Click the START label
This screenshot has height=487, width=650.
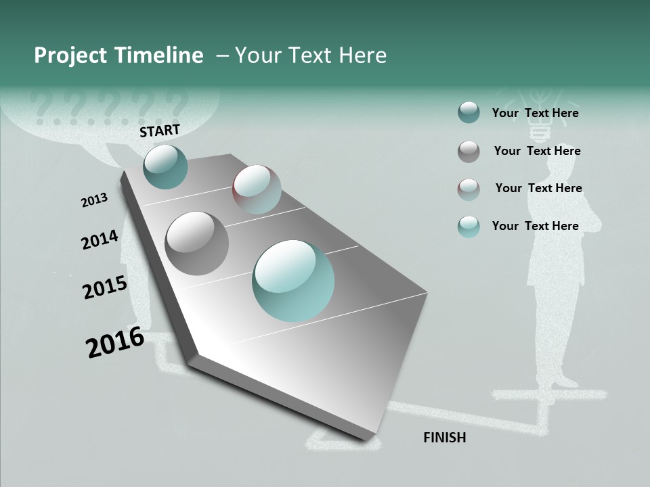(160, 131)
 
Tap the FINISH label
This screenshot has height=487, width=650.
(445, 438)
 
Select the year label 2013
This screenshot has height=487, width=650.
(94, 200)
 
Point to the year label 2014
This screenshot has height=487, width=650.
(100, 240)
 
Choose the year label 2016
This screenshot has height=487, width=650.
(115, 342)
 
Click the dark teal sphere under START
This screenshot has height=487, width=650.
(165, 166)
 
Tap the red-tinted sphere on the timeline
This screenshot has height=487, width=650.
(257, 189)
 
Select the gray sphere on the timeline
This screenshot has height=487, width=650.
(197, 243)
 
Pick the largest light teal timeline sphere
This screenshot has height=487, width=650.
(293, 281)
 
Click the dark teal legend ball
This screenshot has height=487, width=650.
(469, 112)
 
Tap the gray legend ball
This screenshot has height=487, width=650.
(469, 152)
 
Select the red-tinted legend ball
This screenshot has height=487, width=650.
(469, 189)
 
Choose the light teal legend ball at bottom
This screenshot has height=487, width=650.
(469, 227)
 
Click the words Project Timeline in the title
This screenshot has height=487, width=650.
(118, 55)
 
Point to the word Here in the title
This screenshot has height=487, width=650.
(362, 55)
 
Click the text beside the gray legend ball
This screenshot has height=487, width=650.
(537, 151)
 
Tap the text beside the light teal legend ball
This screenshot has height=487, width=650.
(535, 226)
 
